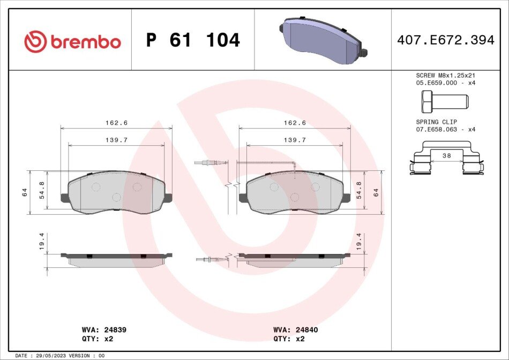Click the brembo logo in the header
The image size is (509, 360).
[x=73, y=42]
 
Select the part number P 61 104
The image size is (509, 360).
[x=193, y=40]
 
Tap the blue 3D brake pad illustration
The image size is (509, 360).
[x=323, y=40]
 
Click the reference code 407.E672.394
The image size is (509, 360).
[x=446, y=40]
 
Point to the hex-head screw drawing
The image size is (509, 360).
[x=445, y=101]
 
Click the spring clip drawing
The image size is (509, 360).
[x=447, y=157]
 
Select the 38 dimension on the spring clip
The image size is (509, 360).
[x=447, y=156]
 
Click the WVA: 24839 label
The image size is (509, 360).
[x=104, y=330]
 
